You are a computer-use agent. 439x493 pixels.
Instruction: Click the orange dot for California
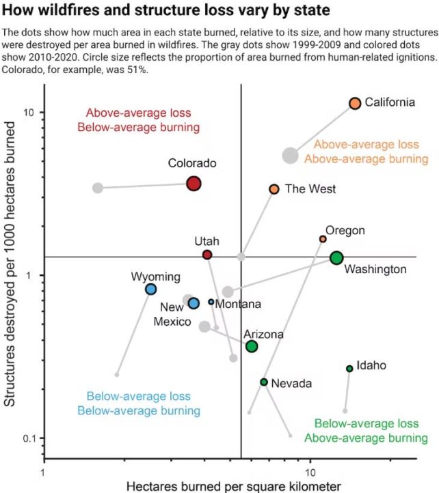(354, 103)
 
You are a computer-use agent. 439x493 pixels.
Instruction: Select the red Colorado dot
(194, 183)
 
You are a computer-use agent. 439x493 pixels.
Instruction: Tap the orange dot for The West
(274, 188)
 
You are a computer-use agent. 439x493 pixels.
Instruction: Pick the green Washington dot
(336, 257)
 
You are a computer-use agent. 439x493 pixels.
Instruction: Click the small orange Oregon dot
(323, 239)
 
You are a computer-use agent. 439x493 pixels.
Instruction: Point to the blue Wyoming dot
(151, 289)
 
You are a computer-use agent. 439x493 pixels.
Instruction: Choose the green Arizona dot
(252, 346)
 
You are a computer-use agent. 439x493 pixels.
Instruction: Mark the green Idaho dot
(349, 369)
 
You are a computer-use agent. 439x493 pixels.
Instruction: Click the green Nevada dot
(264, 382)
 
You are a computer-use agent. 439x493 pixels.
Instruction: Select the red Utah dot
(207, 255)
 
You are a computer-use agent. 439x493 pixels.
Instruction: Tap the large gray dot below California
(290, 155)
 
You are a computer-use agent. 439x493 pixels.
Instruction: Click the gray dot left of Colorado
(98, 188)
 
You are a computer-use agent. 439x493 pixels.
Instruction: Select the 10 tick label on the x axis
(310, 472)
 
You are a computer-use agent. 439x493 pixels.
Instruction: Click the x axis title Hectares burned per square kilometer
(233, 485)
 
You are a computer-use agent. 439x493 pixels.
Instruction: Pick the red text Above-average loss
(139, 113)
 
